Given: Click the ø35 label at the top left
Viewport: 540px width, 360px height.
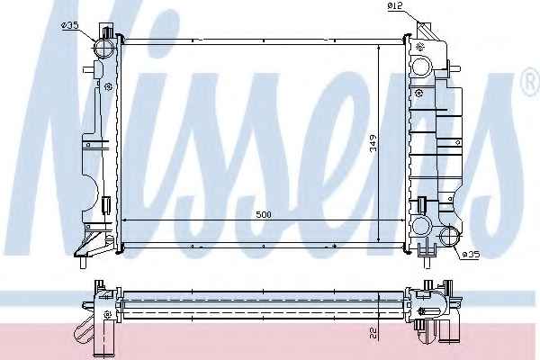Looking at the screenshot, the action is click(x=70, y=25).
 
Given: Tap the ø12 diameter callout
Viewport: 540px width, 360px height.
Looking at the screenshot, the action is click(x=395, y=5).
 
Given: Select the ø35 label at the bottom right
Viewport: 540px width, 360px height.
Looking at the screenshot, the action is click(x=470, y=255).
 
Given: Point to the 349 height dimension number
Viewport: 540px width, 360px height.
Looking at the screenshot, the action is click(x=373, y=143).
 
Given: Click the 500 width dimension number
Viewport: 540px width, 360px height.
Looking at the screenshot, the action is click(x=264, y=214).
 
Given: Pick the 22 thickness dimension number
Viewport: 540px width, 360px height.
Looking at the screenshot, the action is click(x=373, y=332).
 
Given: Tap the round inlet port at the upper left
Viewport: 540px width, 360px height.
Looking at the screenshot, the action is click(x=104, y=49).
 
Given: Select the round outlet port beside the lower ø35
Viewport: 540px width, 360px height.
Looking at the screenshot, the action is click(x=450, y=237).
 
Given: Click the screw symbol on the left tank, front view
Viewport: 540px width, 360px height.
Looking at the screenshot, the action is click(x=108, y=86).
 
